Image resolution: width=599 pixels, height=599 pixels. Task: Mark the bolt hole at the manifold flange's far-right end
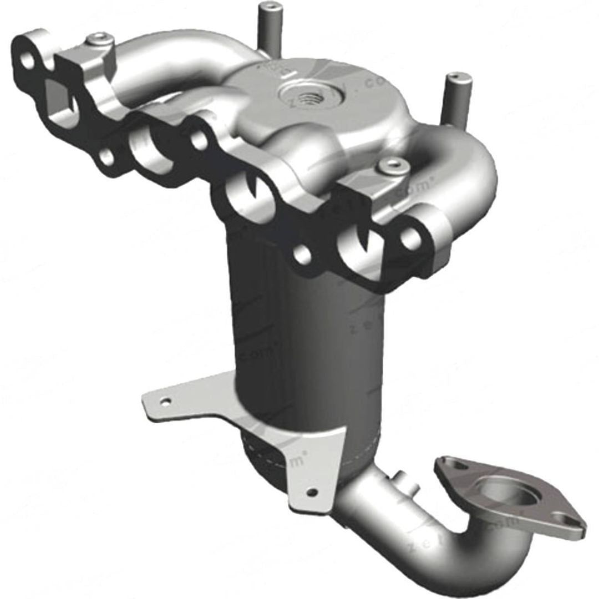coord(411,239)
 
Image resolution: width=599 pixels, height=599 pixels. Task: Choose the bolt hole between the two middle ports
coord(199,141)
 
